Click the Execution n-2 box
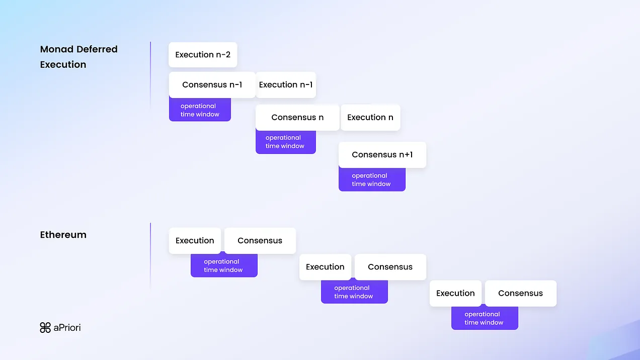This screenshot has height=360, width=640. pyautogui.click(x=203, y=55)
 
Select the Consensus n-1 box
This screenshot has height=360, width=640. pyautogui.click(x=212, y=85)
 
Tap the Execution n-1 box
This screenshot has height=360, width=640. pyautogui.click(x=286, y=85)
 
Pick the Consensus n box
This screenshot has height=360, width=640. pyautogui.click(x=297, y=118)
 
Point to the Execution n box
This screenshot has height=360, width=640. pyautogui.click(x=370, y=118)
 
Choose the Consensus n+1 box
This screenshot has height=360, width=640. pyautogui.click(x=382, y=155)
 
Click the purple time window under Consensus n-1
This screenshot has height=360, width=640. pyautogui.click(x=200, y=110)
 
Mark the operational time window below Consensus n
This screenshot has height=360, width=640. pyautogui.click(x=285, y=142)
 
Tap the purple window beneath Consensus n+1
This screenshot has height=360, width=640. pyautogui.click(x=371, y=180)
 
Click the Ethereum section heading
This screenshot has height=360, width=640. pyautogui.click(x=63, y=235)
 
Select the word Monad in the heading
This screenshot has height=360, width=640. pyautogui.click(x=57, y=49)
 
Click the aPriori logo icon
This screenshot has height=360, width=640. pyautogui.click(x=45, y=328)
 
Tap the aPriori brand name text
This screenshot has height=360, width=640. pyautogui.click(x=67, y=328)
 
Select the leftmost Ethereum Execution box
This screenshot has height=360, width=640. pyautogui.click(x=195, y=241)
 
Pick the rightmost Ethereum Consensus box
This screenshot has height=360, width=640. pyautogui.click(x=520, y=294)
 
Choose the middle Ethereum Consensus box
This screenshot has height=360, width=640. pyautogui.click(x=390, y=267)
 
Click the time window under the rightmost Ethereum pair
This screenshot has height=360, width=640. pyautogui.click(x=484, y=319)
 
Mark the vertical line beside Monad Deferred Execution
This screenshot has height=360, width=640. pyautogui.click(x=150, y=75)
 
